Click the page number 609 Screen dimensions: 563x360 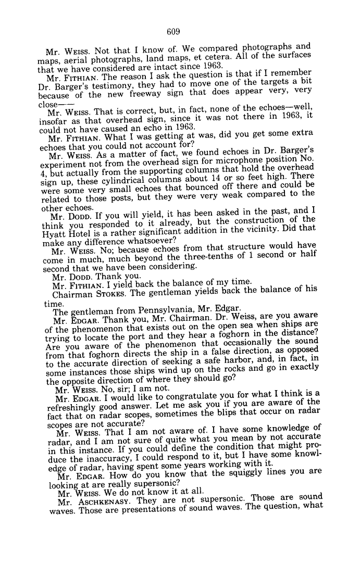click(x=174, y=31)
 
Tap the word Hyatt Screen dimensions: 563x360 click(x=53, y=234)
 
